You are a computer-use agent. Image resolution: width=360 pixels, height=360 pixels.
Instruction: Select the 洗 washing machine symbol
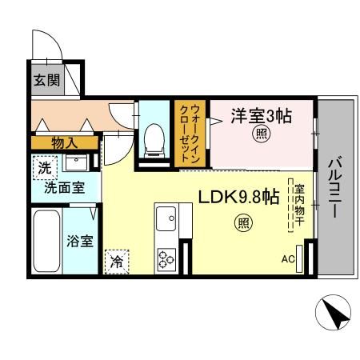click(x=44, y=168)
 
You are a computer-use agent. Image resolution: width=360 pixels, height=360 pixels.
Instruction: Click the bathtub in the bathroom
click(x=47, y=242)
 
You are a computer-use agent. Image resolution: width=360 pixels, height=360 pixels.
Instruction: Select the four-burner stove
click(x=166, y=258)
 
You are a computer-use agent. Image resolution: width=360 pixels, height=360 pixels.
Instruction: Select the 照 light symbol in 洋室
click(x=261, y=134)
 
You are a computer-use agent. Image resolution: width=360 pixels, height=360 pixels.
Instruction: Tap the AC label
click(x=288, y=259)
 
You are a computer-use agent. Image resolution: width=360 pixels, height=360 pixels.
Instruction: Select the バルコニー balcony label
click(x=334, y=189)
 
